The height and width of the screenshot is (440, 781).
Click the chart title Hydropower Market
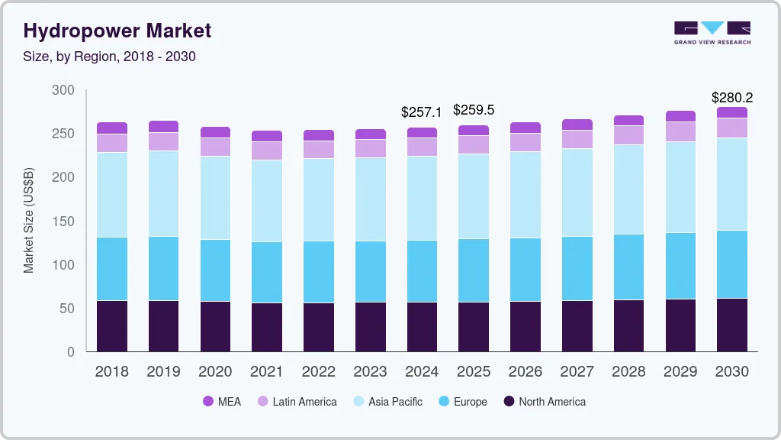click(x=117, y=31)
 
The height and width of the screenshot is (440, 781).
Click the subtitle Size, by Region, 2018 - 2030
click(x=110, y=57)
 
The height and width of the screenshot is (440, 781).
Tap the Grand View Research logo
click(x=712, y=32)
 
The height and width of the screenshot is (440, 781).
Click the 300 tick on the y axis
click(x=63, y=90)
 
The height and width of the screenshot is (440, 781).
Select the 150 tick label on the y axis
click(x=63, y=222)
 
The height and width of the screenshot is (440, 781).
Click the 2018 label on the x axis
click(x=111, y=372)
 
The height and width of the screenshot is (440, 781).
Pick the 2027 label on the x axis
click(x=577, y=372)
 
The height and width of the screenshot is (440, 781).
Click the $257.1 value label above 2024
click(x=422, y=112)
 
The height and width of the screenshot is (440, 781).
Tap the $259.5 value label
click(x=474, y=110)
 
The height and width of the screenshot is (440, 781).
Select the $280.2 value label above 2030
click(x=732, y=98)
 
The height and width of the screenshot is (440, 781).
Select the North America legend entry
click(x=544, y=401)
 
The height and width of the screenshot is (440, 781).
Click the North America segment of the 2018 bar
click(x=112, y=326)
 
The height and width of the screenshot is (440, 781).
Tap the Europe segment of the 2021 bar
click(x=267, y=272)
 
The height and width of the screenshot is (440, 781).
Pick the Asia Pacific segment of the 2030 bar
click(x=732, y=184)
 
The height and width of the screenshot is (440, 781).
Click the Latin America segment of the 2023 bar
click(x=370, y=148)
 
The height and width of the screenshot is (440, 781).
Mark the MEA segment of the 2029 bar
click(x=680, y=116)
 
